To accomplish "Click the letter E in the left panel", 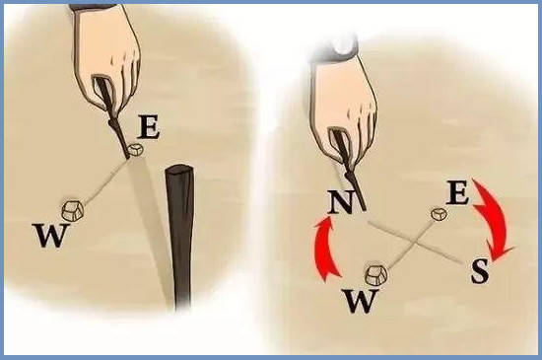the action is (149, 127).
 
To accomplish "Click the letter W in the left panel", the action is (50, 235).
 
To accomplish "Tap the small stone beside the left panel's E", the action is (136, 150).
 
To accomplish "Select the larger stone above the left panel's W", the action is (73, 210).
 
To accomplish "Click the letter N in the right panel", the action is (341, 202).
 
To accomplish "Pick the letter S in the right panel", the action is (480, 271).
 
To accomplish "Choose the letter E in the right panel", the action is (457, 193).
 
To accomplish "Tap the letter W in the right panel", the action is (361, 301).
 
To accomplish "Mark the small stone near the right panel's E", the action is (439, 214).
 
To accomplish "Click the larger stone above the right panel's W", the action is (376, 275).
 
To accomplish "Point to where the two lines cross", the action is (417, 243).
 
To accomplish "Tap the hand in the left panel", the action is (107, 55).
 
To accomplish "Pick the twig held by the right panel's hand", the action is (349, 170).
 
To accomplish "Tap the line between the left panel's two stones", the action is (105, 181).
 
